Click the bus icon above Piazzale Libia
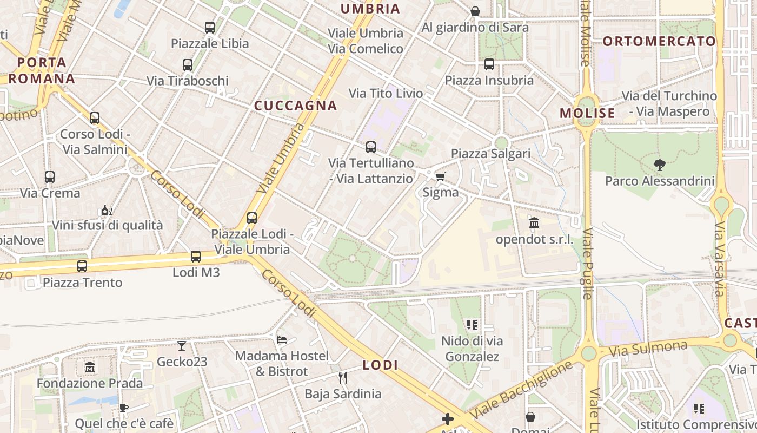tap(209, 28)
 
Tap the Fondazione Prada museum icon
tap(89, 368)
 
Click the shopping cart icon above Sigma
tap(441, 176)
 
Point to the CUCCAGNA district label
tap(296, 106)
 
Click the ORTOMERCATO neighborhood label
tap(659, 41)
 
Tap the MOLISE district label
tap(587, 113)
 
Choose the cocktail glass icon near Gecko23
tap(182, 345)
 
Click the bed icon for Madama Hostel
tap(282, 340)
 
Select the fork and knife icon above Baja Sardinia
tap(342, 377)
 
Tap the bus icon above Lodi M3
tap(196, 257)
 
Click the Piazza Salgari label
tap(491, 154)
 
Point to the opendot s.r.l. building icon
tap(534, 223)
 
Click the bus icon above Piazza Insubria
tap(489, 64)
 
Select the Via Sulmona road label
tap(648, 349)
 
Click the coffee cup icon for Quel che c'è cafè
tap(124, 408)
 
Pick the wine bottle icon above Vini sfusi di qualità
tap(107, 211)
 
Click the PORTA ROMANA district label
tap(42, 70)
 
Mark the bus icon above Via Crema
tap(50, 177)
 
